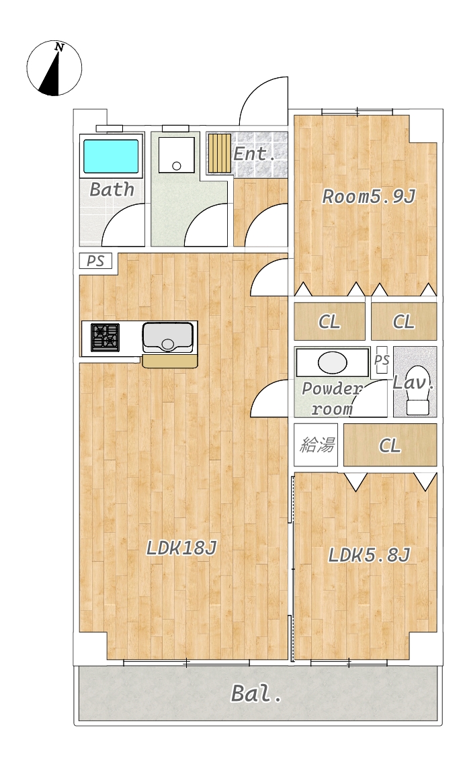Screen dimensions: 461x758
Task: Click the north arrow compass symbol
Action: [x=54, y=68]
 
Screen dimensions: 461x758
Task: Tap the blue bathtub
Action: [x=112, y=156]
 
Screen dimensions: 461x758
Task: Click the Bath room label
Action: [x=112, y=189]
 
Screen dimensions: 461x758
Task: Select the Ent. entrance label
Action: [x=254, y=154]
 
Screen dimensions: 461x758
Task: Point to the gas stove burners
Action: [x=106, y=337]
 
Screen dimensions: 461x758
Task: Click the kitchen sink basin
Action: [x=168, y=337]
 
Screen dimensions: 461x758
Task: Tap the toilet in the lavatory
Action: [x=417, y=392]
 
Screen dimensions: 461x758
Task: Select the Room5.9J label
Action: [x=369, y=197]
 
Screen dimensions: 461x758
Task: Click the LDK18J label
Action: [x=181, y=548]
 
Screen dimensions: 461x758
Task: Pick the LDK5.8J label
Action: [x=369, y=555]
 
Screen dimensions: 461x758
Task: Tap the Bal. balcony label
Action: [x=256, y=693]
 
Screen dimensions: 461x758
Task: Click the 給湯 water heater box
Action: [x=316, y=445]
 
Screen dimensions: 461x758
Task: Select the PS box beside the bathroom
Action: [x=95, y=261]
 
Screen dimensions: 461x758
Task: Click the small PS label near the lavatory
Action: [x=382, y=360]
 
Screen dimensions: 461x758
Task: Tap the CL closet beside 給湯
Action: [x=390, y=446]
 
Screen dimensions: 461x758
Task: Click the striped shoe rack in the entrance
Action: [x=220, y=153]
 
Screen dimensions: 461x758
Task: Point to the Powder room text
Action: [x=332, y=398]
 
